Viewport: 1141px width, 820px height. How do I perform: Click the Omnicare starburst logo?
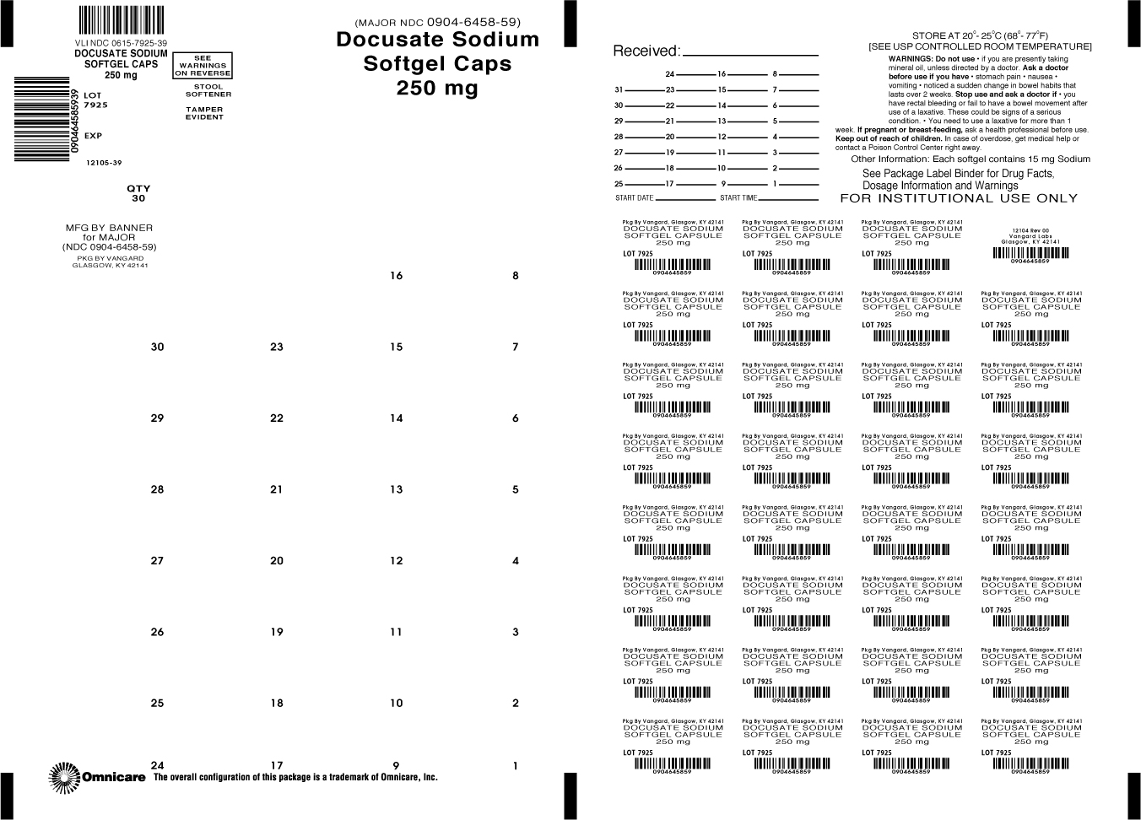[64, 777]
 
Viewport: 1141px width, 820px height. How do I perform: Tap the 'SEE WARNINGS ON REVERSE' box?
[203, 66]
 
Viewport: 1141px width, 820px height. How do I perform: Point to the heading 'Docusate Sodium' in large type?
[437, 40]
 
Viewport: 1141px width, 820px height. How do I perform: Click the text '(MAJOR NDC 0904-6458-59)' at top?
[437, 22]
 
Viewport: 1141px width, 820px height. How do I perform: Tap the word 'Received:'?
[646, 51]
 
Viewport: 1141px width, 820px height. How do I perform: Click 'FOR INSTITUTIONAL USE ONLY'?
[959, 198]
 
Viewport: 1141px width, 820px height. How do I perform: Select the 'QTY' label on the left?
[138, 189]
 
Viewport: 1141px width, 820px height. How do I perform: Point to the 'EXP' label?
[93, 136]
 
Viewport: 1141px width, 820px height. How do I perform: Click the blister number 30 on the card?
[157, 347]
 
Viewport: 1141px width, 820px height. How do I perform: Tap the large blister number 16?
[397, 276]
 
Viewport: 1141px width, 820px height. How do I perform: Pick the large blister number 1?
[516, 766]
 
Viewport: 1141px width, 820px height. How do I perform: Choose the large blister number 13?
[397, 489]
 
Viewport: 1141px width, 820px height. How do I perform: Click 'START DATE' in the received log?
[635, 198]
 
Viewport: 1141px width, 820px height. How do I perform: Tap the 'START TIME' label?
[738, 198]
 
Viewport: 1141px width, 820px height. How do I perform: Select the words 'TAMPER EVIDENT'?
[205, 113]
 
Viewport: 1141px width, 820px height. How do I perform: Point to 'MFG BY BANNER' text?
[110, 228]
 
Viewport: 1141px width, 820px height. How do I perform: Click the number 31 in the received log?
[619, 89]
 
